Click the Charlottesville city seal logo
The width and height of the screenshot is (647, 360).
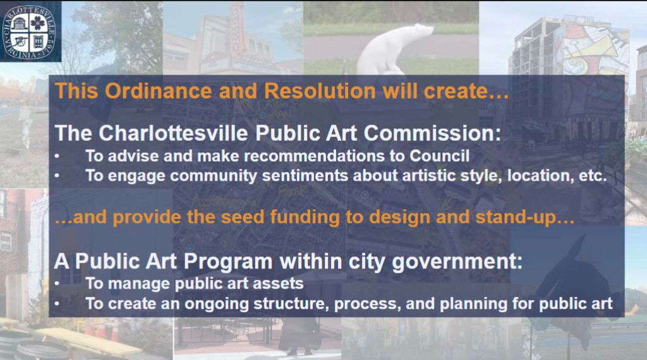click(29, 32)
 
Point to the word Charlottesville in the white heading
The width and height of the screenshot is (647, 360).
click(173, 133)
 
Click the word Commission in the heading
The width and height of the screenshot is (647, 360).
click(432, 133)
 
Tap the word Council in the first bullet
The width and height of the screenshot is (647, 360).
click(440, 156)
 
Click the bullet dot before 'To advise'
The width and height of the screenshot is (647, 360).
click(57, 156)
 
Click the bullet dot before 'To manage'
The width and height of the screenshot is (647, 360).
click(57, 284)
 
